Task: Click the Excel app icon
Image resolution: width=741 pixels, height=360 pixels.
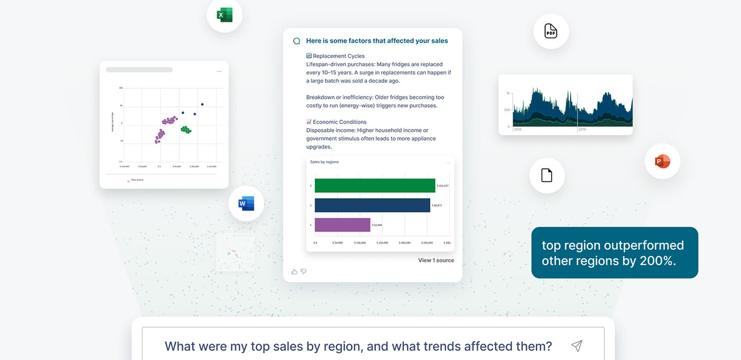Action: (224, 15)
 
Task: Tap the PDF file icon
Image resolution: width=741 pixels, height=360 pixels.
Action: (551, 31)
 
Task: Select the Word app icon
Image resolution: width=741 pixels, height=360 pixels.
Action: (246, 203)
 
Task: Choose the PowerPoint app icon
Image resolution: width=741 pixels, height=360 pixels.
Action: (662, 161)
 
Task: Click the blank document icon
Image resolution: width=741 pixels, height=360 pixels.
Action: (547, 175)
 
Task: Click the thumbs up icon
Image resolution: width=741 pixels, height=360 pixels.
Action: (294, 272)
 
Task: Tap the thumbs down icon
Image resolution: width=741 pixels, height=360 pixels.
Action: (304, 272)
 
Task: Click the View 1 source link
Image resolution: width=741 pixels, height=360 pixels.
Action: (436, 260)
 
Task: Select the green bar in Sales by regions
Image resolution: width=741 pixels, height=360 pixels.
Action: (375, 185)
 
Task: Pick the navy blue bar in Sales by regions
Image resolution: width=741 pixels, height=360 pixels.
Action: (372, 205)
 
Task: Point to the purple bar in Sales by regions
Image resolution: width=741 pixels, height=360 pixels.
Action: (342, 225)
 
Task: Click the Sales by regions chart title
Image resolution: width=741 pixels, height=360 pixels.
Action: (324, 162)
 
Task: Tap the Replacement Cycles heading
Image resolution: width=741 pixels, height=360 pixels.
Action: (338, 56)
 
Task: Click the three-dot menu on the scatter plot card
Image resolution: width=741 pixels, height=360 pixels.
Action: (219, 71)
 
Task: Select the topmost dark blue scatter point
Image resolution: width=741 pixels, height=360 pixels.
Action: (202, 104)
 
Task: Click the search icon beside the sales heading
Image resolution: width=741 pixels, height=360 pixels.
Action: (297, 41)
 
